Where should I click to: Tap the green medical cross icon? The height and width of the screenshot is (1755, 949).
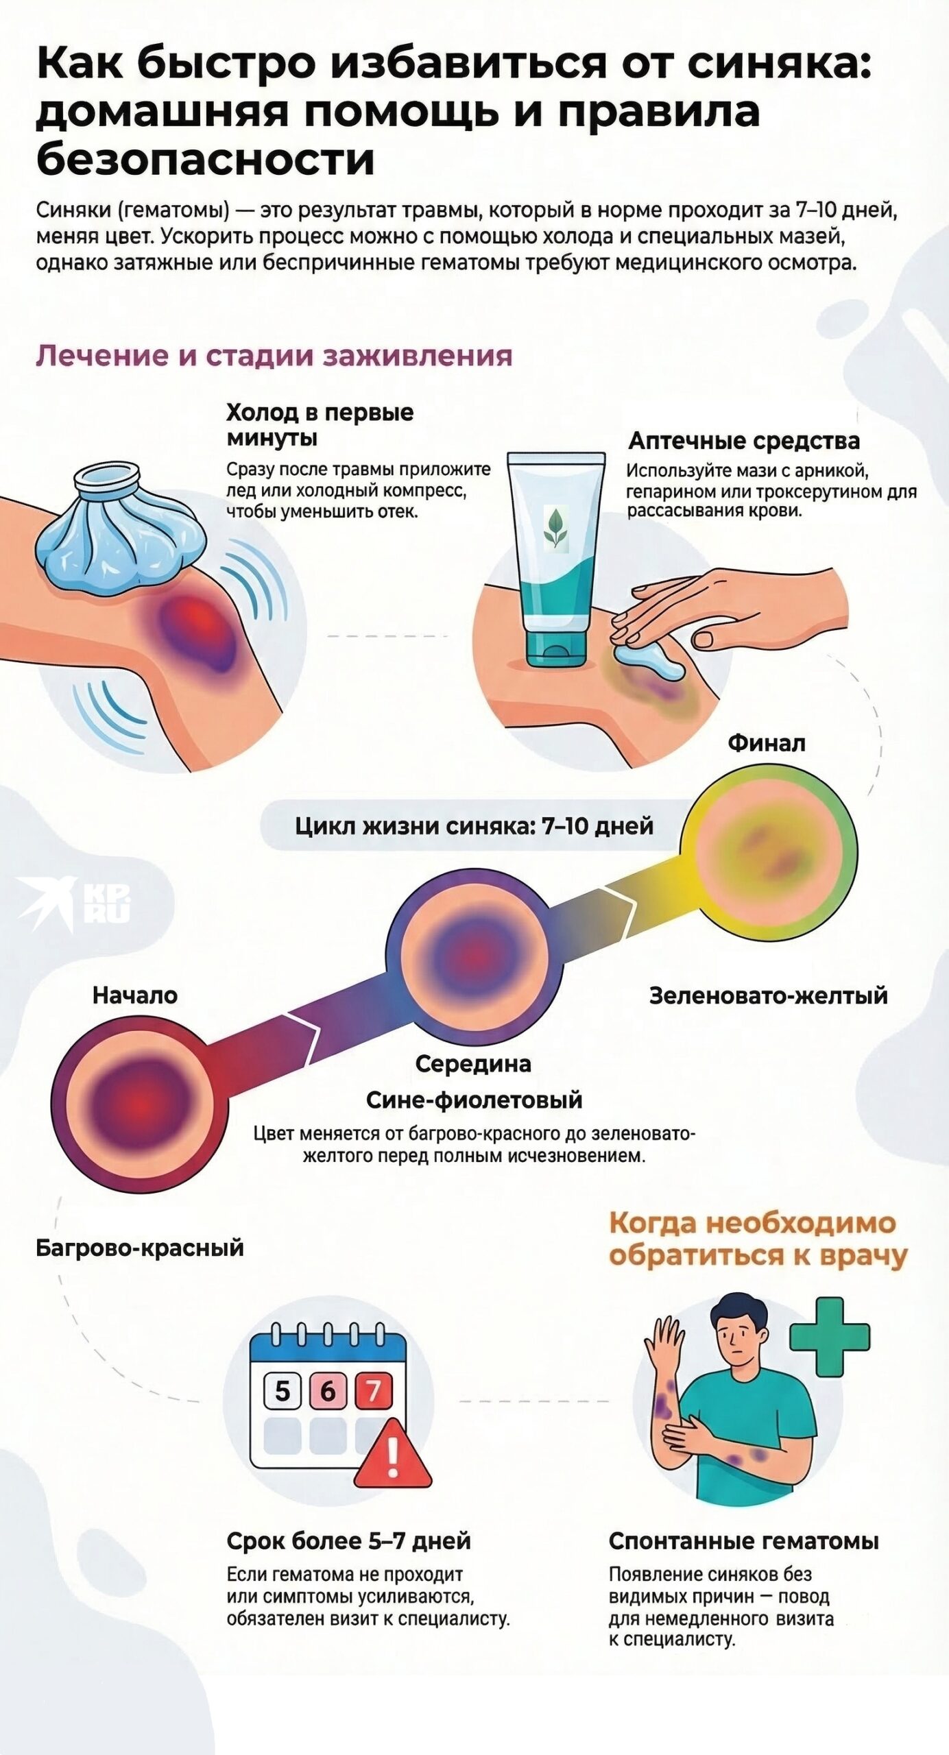point(830,1337)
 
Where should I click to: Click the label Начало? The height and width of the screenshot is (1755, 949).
point(135,995)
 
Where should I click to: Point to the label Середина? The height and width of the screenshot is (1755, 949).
point(473,1063)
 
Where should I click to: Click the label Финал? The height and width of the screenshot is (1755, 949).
point(766,742)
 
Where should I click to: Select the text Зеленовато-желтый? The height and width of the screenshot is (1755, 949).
point(768,995)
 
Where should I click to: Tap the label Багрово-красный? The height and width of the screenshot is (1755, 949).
point(140,1247)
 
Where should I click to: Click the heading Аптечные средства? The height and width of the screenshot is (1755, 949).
point(744,440)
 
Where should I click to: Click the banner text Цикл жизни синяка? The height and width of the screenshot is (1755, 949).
point(473,825)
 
